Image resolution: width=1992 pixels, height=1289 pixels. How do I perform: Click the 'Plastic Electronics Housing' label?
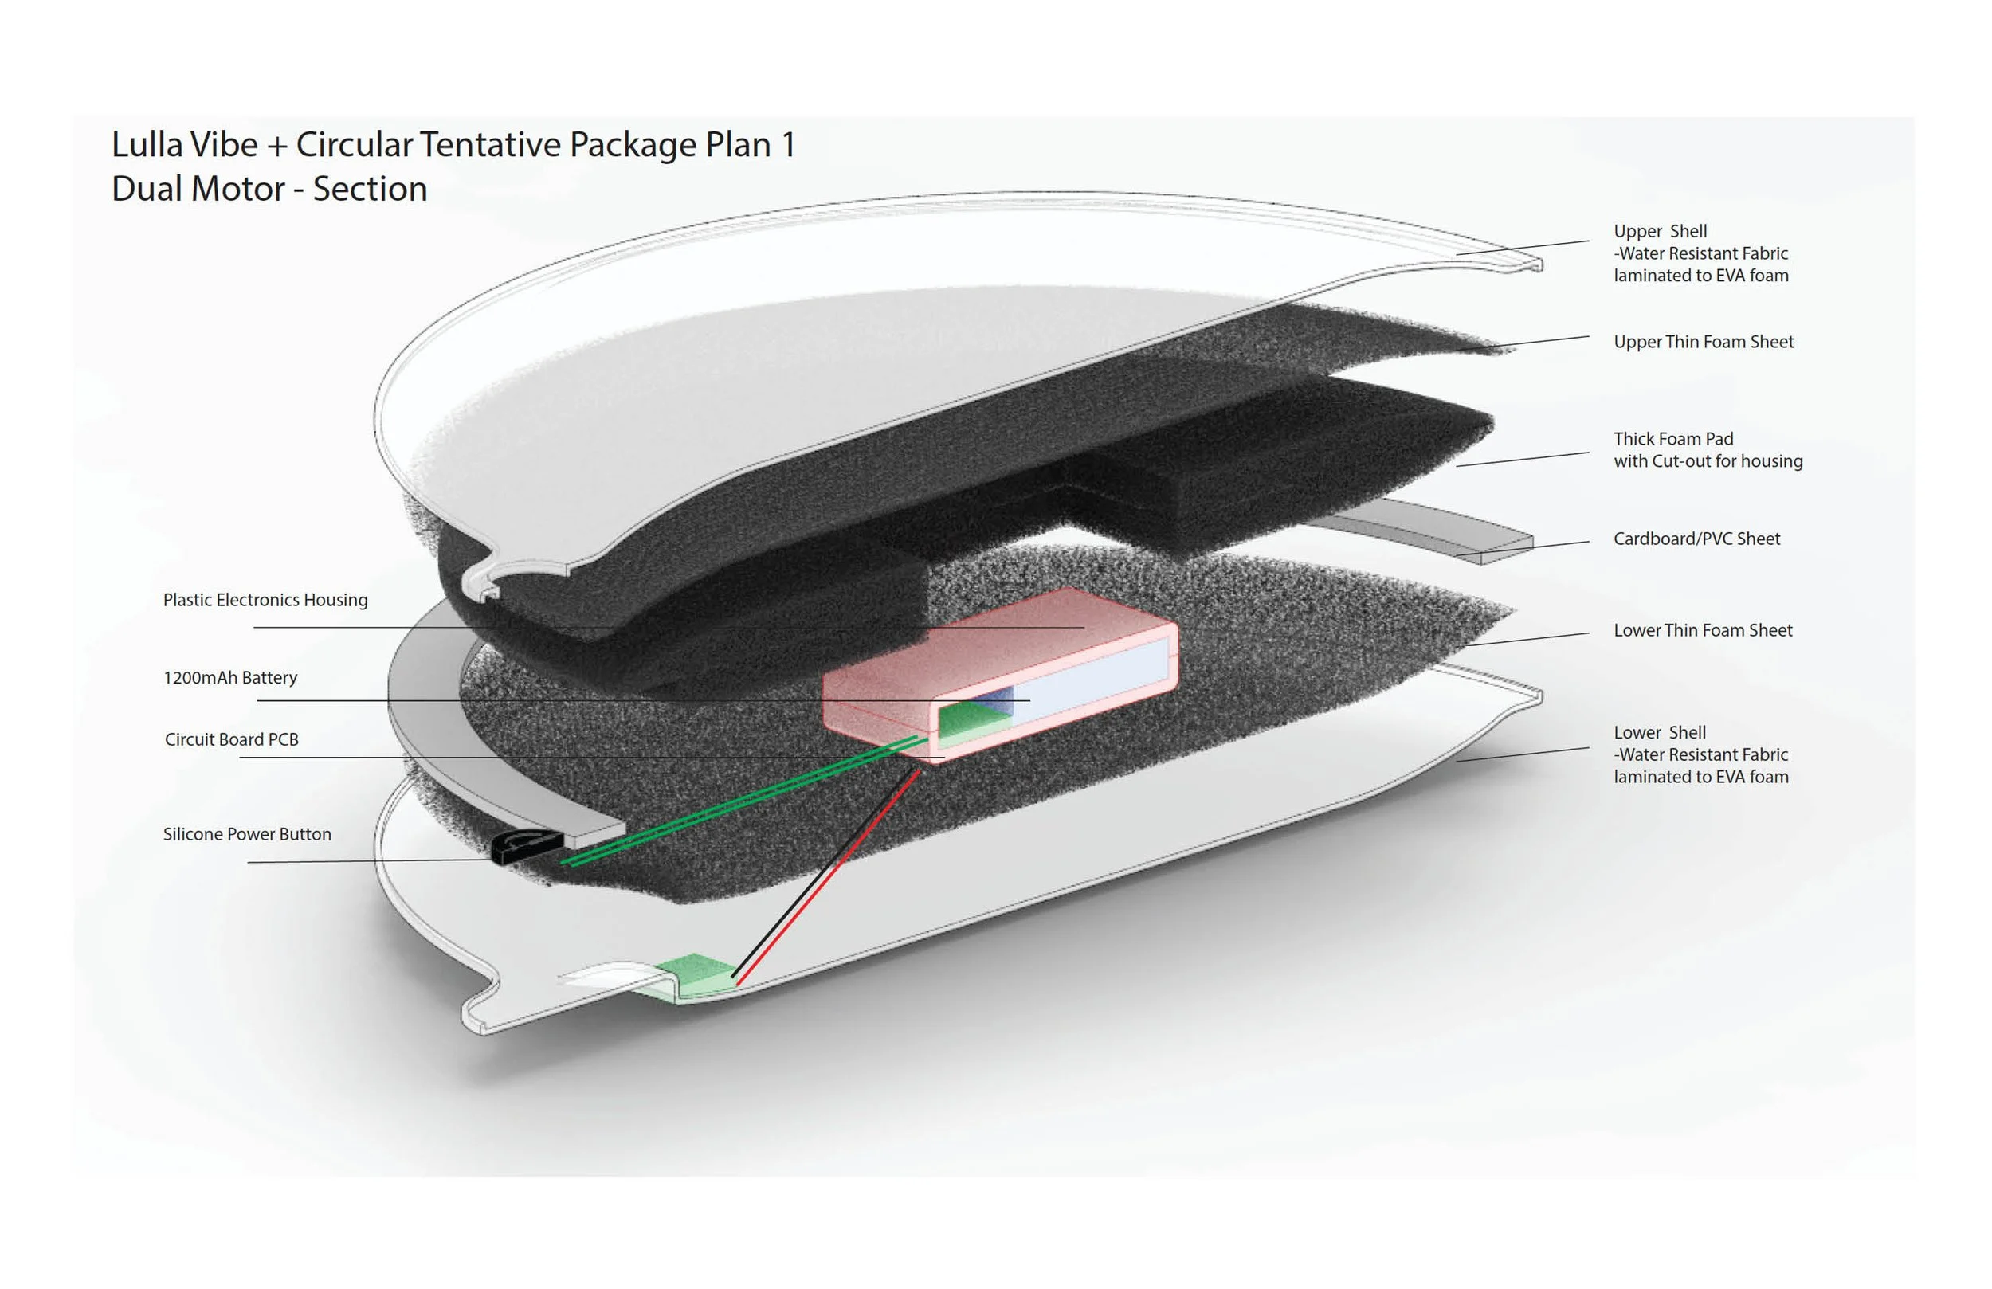tap(265, 600)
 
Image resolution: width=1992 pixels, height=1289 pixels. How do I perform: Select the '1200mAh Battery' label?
tap(230, 678)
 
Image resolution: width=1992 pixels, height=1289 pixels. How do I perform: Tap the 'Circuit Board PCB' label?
tap(232, 740)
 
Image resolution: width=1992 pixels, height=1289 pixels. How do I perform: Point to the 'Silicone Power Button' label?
tap(247, 834)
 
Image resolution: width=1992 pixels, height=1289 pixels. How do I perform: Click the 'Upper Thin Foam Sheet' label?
tap(1704, 343)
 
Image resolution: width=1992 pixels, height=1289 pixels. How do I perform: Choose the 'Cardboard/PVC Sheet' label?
tap(1696, 539)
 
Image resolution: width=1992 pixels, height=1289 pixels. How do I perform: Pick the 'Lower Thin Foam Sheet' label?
tap(1703, 630)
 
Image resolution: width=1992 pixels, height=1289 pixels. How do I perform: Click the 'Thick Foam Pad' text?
tap(1673, 440)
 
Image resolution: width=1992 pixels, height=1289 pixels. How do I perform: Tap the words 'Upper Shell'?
tap(1660, 232)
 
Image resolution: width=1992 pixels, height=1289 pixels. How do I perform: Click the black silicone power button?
tap(524, 847)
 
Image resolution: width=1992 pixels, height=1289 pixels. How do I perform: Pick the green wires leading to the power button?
tap(745, 799)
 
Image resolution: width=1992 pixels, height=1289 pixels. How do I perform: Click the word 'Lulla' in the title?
tap(147, 145)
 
